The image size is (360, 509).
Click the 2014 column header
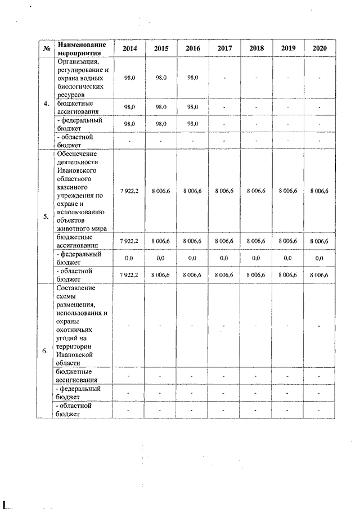coord(129,48)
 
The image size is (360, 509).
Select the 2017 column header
coord(224,48)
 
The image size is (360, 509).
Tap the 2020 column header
coord(320,48)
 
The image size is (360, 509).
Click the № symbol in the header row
coord(46,48)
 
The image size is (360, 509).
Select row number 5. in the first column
coord(46,216)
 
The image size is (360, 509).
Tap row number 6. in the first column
coord(46,352)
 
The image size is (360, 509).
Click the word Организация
coord(78,61)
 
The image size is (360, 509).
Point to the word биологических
coord(79,87)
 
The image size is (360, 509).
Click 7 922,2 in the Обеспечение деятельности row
coord(129,191)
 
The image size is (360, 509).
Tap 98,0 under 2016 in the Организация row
coord(192,77)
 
